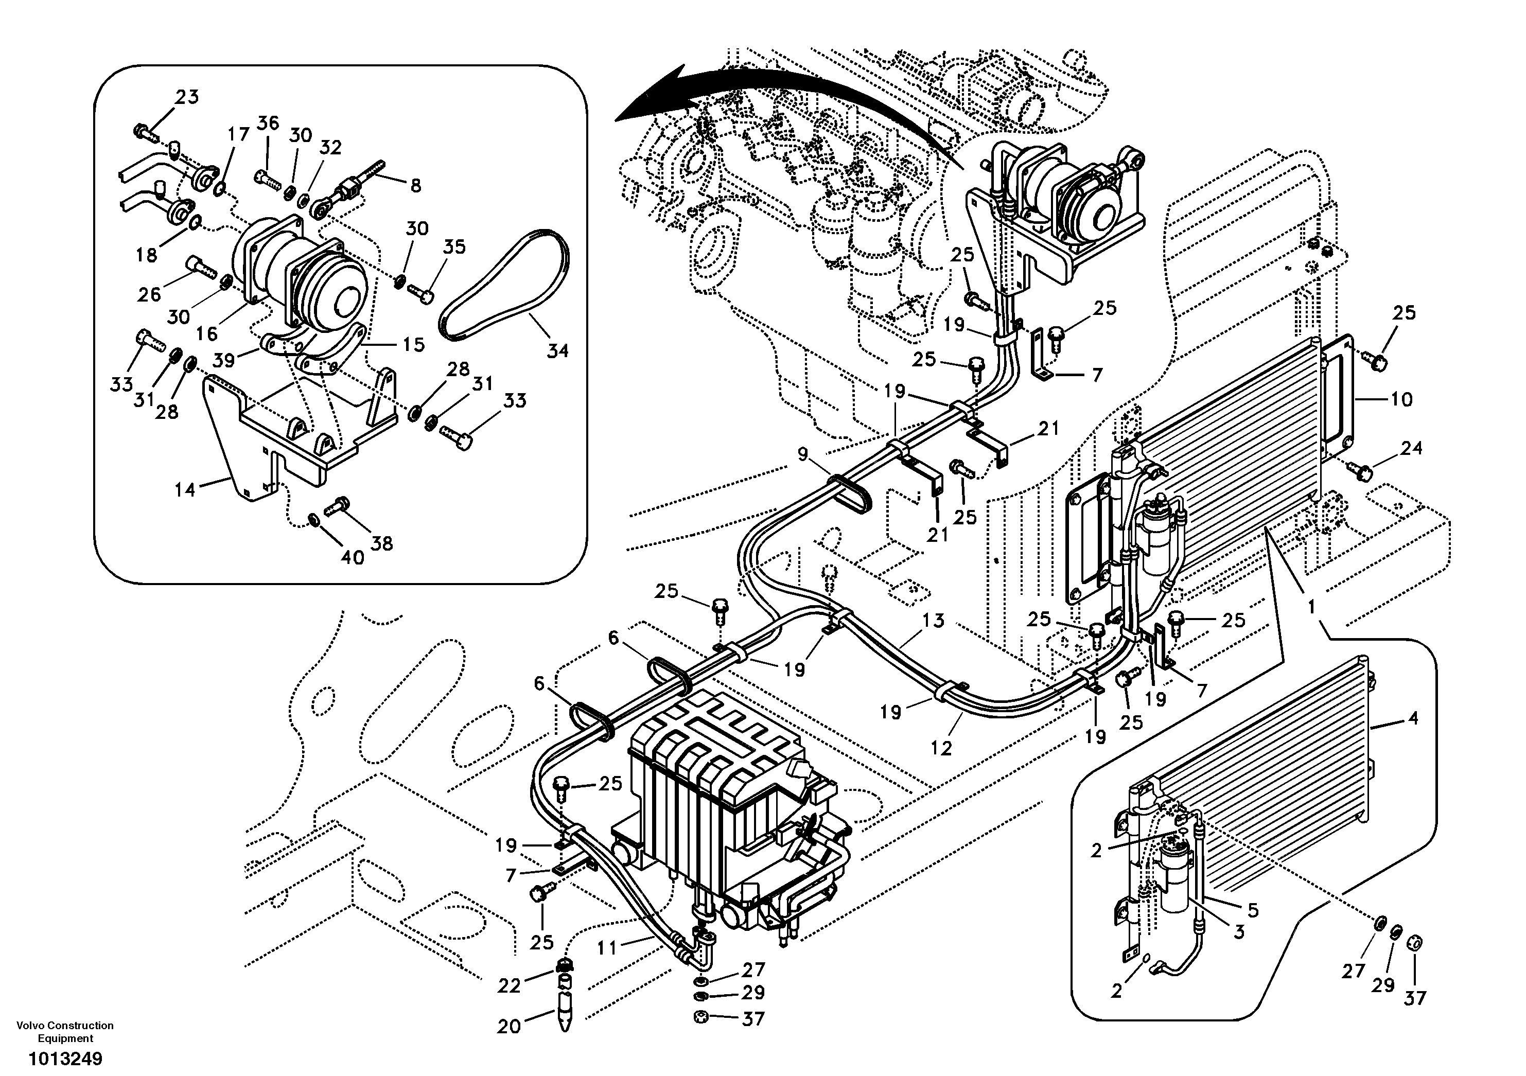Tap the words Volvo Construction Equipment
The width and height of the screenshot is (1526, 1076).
65,1031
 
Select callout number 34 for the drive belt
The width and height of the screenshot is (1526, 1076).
557,350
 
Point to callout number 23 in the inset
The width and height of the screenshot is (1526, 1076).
187,97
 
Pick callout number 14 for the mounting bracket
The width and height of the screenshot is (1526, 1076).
185,490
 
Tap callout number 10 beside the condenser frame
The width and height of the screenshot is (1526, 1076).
1401,399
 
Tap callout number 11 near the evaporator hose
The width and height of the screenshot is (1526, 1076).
607,948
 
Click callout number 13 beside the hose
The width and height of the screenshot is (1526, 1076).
933,620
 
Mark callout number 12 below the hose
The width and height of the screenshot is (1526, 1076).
941,748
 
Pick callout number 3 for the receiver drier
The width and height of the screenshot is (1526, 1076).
1238,932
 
